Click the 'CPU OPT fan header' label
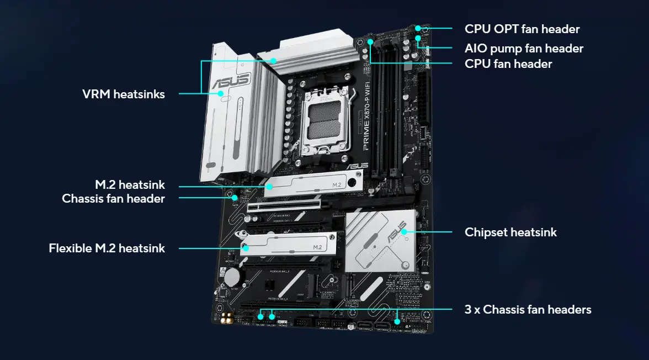(522, 29)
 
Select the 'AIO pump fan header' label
(524, 49)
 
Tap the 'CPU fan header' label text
(508, 64)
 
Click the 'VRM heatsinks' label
(124, 94)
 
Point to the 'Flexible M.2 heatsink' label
(107, 248)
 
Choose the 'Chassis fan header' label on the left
(113, 199)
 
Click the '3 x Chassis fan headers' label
(528, 310)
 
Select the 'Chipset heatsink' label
(510, 232)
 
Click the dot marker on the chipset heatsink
(405, 232)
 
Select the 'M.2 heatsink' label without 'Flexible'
(130, 185)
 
